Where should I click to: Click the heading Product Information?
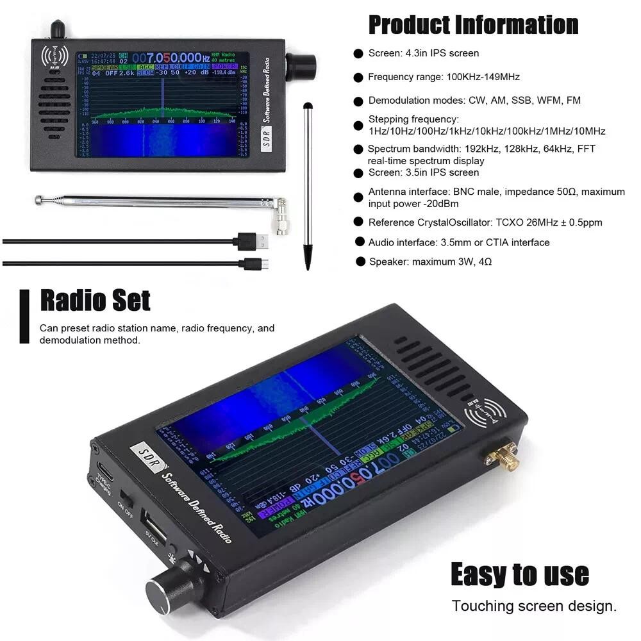473,25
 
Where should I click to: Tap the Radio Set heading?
95,300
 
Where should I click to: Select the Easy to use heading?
519,574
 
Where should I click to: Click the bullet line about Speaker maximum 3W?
429,262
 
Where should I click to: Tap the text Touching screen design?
534,606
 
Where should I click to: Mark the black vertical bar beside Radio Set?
24,316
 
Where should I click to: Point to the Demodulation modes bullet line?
474,101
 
